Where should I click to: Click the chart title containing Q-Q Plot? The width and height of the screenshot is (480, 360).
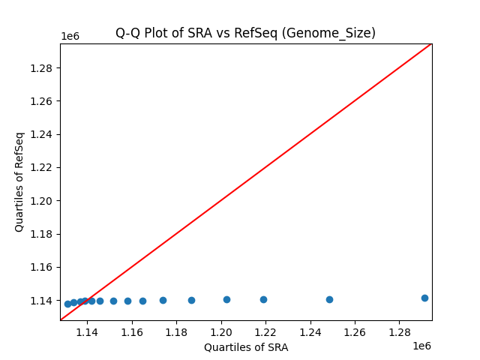245,33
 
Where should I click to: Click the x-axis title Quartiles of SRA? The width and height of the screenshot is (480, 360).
246,347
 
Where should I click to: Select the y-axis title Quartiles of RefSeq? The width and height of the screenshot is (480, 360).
19,181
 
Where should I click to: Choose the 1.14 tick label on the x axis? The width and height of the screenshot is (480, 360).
87,331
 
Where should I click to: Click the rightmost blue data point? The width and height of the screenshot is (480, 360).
424,298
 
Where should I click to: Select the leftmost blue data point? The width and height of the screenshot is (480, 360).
67,304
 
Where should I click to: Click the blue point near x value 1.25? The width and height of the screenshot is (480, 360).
329,299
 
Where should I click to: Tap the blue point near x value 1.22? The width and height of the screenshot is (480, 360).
263,299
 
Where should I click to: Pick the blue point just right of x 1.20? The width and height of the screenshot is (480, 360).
226,299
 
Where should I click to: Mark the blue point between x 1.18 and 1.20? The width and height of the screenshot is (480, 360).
191,300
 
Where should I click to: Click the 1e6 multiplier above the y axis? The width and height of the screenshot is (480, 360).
70,36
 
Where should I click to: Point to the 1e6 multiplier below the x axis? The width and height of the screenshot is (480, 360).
421,346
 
